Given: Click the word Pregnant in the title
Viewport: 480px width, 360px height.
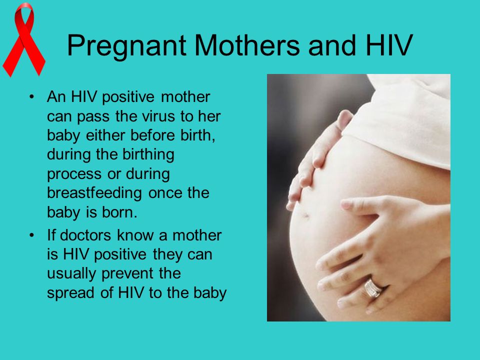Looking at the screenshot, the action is [x=126, y=46].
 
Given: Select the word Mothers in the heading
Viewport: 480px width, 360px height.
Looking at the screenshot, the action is [x=246, y=45].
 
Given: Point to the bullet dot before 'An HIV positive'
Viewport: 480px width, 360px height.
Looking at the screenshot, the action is [x=31, y=96].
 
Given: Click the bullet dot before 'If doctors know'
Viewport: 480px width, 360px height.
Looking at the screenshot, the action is [x=31, y=235].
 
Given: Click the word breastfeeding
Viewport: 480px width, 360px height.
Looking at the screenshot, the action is [x=94, y=193].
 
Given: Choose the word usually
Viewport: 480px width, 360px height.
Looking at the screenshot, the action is [x=71, y=274].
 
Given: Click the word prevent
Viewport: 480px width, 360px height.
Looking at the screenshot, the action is [x=127, y=274].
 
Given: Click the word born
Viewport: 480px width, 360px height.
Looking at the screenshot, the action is [x=119, y=212].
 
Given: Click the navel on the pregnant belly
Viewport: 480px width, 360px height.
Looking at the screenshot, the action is [x=306, y=215].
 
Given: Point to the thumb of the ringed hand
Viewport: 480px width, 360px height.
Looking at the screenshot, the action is [x=361, y=204].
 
